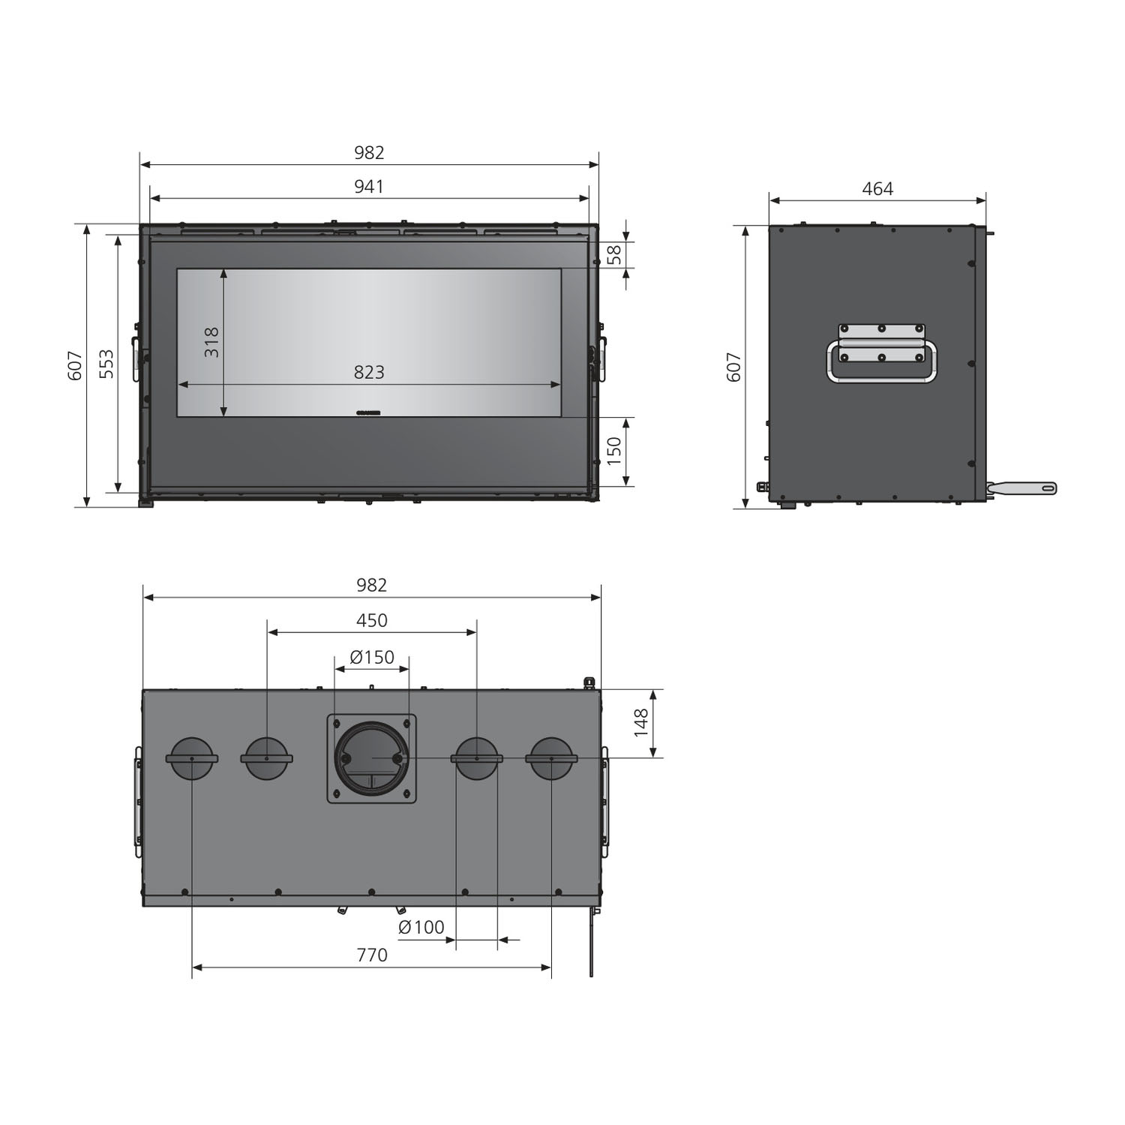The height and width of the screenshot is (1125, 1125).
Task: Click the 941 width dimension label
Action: [x=369, y=186]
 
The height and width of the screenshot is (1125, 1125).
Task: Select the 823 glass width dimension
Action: [x=369, y=372]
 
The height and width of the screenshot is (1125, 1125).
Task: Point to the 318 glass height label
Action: [x=212, y=342]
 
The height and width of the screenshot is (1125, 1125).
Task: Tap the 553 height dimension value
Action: [x=107, y=364]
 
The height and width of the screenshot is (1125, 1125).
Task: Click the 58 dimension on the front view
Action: [x=614, y=255]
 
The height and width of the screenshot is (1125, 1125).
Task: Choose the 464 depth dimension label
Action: [x=877, y=189]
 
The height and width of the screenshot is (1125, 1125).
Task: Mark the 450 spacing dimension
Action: [x=372, y=620]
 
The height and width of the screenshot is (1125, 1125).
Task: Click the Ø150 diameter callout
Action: [x=372, y=657]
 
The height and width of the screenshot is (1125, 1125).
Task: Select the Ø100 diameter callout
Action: [x=421, y=927]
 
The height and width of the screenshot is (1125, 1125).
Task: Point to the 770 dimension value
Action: [x=372, y=955]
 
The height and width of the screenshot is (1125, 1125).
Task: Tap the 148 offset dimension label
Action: [x=641, y=723]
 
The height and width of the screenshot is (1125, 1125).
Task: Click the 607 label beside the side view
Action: [x=734, y=367]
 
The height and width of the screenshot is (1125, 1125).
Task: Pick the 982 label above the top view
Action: [x=372, y=585]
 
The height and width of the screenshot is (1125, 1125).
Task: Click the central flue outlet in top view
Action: [x=372, y=758]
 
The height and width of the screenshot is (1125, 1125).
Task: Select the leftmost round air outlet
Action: [x=192, y=758]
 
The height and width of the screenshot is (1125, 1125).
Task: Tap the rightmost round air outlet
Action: [x=551, y=758]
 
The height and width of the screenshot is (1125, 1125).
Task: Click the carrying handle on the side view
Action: [x=881, y=361]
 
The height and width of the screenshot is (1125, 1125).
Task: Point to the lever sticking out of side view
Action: [x=1024, y=488]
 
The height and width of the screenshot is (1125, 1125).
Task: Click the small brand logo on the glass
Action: [x=368, y=412]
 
